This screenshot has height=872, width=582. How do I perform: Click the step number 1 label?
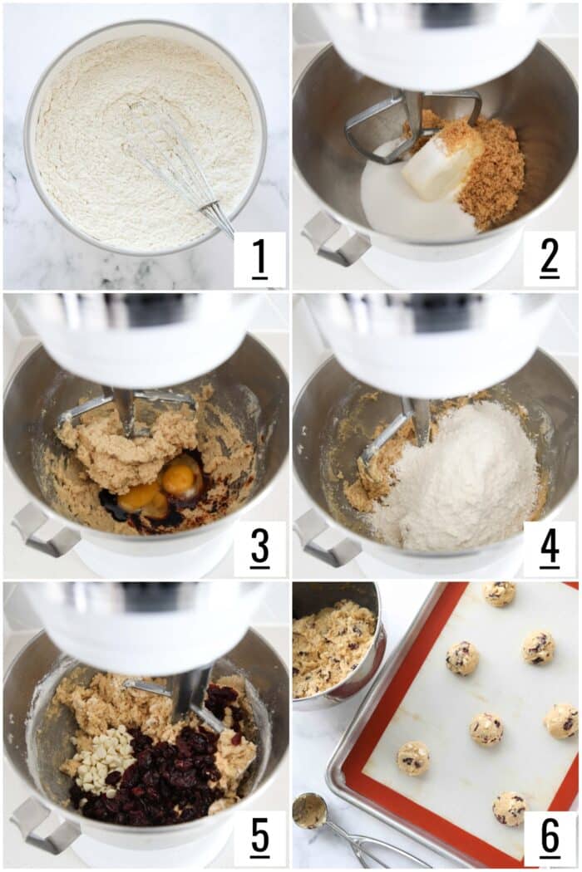[259, 259]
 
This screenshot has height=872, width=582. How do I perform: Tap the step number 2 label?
[549, 258]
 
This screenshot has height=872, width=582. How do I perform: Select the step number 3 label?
[259, 547]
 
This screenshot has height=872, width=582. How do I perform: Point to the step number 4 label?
[549, 548]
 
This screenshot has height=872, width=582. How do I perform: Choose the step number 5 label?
[259, 837]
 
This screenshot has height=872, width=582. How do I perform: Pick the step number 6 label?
[549, 837]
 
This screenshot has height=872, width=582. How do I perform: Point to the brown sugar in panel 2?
[486, 167]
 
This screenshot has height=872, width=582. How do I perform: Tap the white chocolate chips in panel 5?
[104, 758]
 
